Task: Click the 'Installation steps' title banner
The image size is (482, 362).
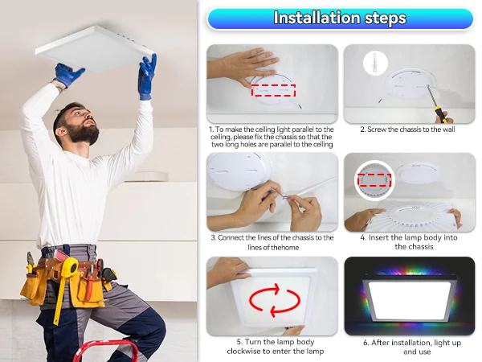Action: (341, 19)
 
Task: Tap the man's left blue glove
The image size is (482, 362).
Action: (147, 77)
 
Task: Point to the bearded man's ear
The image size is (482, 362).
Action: (60, 131)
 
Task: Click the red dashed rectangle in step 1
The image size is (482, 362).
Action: (274, 90)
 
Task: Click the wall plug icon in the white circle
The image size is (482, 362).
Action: (374, 63)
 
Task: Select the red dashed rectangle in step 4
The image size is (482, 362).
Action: (374, 180)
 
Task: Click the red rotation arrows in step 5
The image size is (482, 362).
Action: (274, 300)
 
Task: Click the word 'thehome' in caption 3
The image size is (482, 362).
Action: (284, 248)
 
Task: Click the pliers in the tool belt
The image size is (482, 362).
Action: (30, 262)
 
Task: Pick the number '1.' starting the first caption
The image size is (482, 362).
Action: (211, 130)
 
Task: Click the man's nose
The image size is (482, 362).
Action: (91, 119)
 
